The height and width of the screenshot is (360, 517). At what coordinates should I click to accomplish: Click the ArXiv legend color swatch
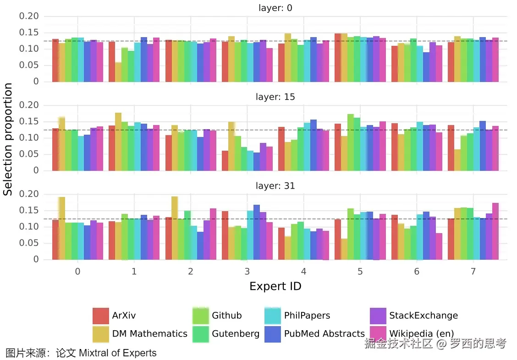coord(100,316)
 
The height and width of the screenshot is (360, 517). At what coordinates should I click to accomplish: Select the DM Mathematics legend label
coord(149,334)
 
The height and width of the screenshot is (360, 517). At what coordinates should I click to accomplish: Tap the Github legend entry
coord(226,316)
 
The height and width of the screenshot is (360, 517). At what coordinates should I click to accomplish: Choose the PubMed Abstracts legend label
coord(324,334)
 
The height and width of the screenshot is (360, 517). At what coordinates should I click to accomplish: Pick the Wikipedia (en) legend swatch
coord(378,334)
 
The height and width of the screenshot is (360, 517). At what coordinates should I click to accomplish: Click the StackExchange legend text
coord(423,316)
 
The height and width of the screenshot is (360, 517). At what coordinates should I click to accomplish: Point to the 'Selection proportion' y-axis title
coord(8,139)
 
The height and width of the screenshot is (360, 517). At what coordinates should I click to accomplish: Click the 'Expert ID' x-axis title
coord(275,287)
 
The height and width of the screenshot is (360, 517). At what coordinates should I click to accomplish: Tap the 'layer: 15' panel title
coord(275,97)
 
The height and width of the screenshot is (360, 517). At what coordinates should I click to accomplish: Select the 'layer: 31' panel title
coord(275,186)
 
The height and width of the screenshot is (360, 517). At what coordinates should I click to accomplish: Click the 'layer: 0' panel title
coord(275,8)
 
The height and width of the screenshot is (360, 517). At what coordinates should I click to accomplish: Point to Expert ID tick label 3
coord(247,272)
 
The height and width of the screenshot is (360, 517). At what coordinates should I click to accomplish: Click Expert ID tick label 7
coord(473,272)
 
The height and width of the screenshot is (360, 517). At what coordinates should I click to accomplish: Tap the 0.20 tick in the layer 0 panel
coord(28,16)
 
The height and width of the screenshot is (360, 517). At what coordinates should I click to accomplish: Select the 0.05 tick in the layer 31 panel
coord(28,243)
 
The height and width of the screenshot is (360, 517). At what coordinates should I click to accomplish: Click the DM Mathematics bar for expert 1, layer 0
coord(118,72)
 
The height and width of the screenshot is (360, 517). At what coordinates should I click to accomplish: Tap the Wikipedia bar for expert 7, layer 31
coord(495,231)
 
